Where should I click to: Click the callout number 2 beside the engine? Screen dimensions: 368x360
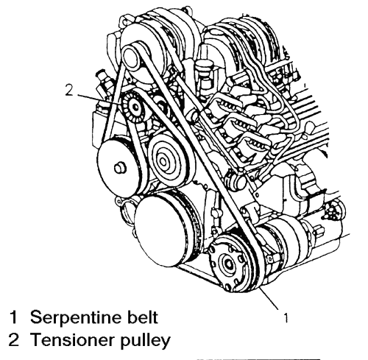coord(69,90)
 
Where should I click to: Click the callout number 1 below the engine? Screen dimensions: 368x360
coord(286,318)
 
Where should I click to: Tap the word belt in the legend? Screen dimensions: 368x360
coord(143,317)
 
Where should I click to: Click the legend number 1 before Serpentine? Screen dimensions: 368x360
coord(13,317)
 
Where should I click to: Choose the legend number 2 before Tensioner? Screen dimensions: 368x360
coord(13,339)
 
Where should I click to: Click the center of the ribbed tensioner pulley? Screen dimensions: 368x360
coord(135,107)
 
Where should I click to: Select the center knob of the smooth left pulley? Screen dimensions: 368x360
coord(120,169)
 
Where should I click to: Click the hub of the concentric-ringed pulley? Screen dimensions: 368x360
coord(163,161)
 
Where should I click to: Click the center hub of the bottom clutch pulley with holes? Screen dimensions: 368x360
coord(228,263)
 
